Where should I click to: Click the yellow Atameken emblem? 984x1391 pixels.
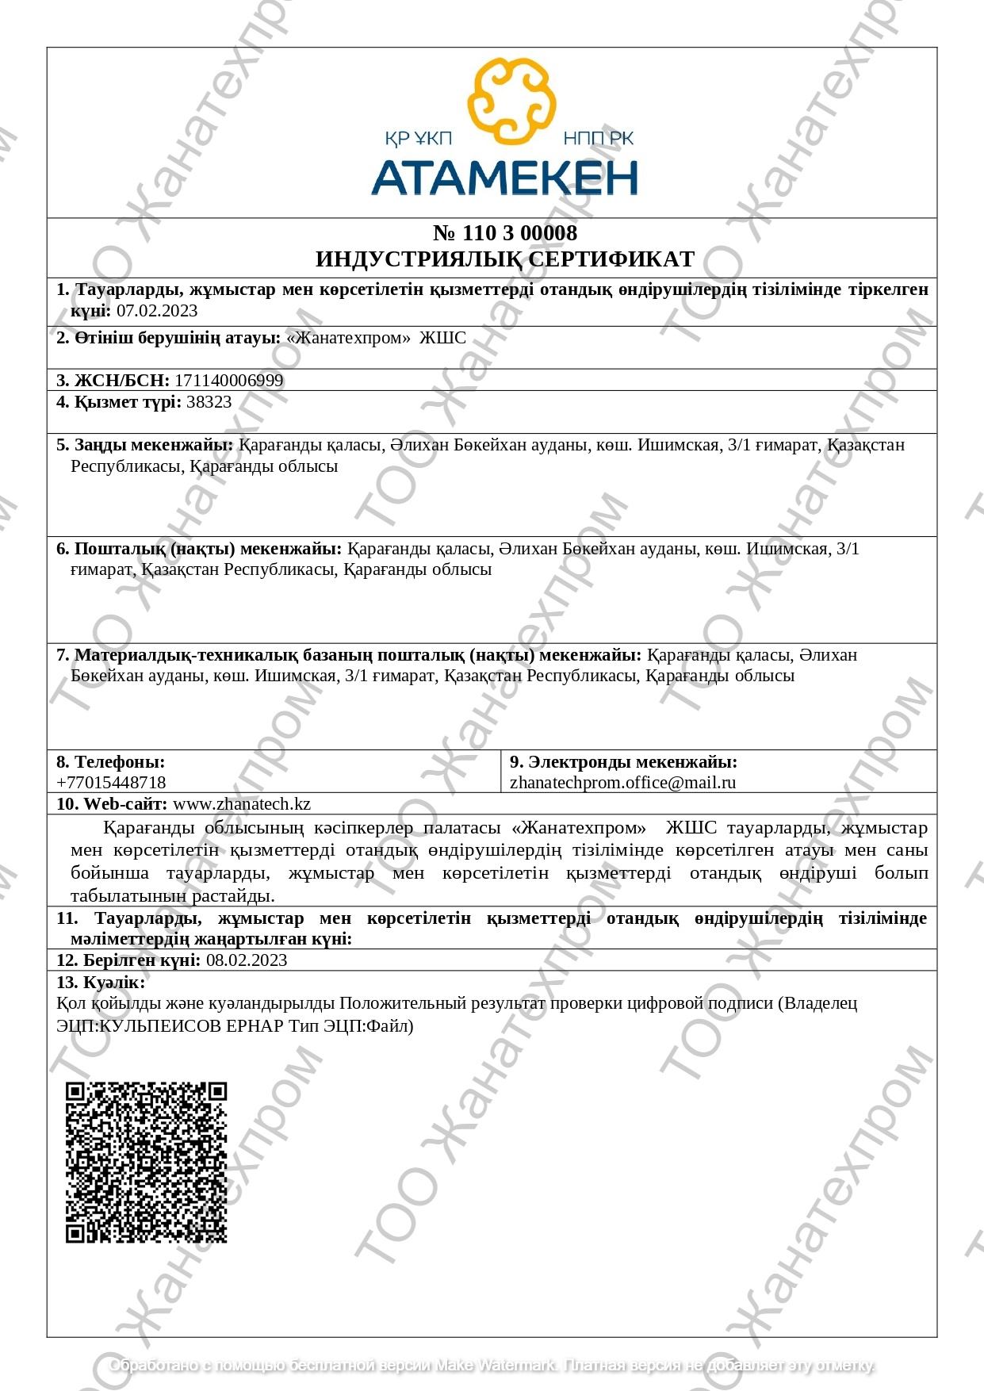511,101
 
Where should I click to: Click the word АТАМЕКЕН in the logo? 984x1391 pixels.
504,178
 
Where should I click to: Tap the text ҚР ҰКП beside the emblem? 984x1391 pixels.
418,140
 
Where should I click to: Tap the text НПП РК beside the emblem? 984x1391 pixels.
599,140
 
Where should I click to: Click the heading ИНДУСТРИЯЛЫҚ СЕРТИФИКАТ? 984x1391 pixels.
505,259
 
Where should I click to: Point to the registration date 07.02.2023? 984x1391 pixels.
157,311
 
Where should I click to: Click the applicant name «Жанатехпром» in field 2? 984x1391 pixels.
348,338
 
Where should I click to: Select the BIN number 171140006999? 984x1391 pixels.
229,381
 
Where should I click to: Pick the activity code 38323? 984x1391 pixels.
209,402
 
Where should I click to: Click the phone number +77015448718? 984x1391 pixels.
111,783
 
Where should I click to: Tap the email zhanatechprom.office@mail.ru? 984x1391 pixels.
622,783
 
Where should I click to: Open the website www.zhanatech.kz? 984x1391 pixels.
242,804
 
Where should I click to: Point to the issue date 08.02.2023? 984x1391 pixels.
247,960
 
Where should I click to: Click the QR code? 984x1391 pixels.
146,1162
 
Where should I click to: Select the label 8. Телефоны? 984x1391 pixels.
110,762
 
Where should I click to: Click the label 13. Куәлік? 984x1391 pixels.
101,983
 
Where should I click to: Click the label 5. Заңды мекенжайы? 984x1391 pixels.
144,445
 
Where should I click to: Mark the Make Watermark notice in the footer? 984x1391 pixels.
492,1366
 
